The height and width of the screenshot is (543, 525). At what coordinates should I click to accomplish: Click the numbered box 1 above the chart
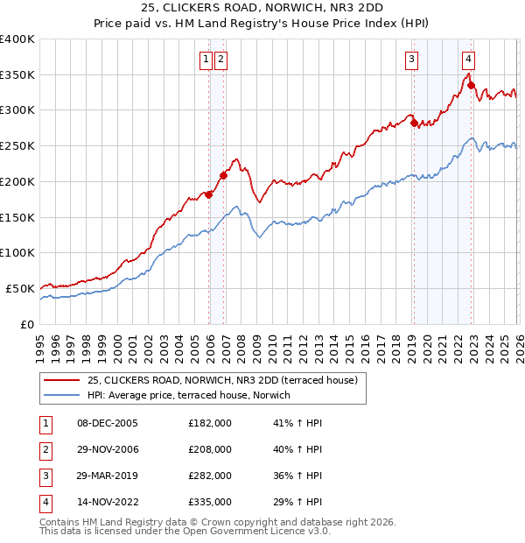click(x=206, y=60)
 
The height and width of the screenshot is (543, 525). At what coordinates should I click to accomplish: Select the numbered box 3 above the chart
click(x=411, y=60)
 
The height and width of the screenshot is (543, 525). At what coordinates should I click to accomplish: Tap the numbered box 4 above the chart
click(x=469, y=60)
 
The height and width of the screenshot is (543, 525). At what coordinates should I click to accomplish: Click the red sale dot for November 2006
click(x=223, y=175)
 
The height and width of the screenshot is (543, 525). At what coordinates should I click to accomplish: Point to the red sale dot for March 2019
click(x=414, y=123)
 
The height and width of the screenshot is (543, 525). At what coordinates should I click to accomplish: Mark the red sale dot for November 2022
click(x=471, y=85)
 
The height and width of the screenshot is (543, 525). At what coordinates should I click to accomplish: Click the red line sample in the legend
click(x=61, y=381)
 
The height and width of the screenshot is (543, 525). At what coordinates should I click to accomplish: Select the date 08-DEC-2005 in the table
click(x=108, y=423)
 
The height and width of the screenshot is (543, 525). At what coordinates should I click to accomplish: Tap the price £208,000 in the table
click(x=210, y=449)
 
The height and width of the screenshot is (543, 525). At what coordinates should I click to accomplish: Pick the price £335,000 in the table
click(x=210, y=502)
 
